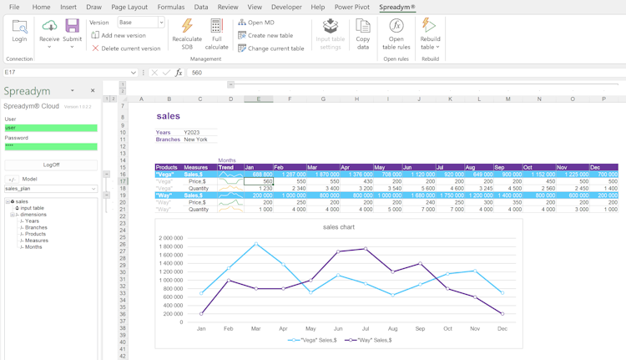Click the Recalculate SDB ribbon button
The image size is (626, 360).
point(187,33)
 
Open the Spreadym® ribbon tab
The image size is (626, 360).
point(396,7)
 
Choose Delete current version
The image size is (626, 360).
point(126,48)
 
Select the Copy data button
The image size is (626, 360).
point(363,33)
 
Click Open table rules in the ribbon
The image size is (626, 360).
point(396,33)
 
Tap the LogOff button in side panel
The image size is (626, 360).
point(51,165)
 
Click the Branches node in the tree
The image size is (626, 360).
point(36,227)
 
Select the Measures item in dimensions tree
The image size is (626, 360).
point(36,241)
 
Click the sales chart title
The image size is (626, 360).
point(339,227)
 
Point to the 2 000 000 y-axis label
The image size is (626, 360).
point(170,238)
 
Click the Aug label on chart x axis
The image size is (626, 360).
point(392,329)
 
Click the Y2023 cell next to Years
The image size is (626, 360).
point(192,132)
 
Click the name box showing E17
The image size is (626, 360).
point(67,73)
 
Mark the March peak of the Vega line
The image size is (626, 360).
point(256,244)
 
